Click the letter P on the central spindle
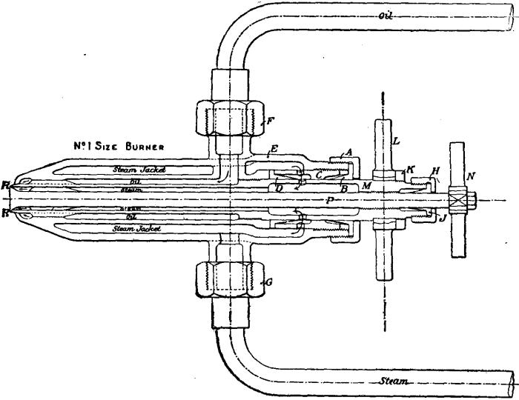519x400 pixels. (x=331, y=200)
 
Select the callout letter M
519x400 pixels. (x=366, y=184)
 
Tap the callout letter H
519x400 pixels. (x=435, y=171)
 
